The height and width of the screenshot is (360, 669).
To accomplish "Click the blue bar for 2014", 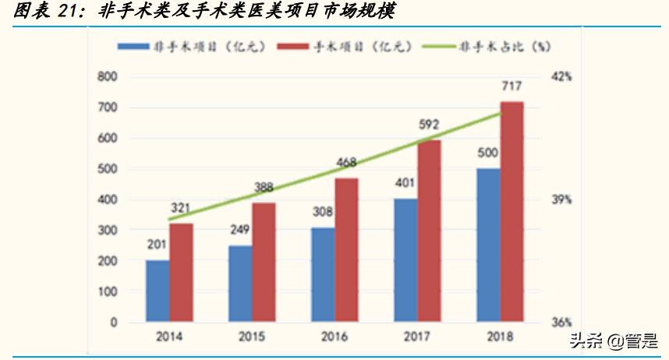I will (x=158, y=291).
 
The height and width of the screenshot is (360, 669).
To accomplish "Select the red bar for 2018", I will (x=511, y=211).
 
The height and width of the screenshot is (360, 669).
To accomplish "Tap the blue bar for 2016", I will (x=323, y=274).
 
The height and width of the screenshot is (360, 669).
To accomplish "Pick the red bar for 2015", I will (x=264, y=262).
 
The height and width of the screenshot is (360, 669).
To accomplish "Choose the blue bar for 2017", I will (x=405, y=259).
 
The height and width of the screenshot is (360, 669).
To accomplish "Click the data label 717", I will (x=511, y=86).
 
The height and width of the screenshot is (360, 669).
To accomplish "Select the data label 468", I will (x=346, y=163).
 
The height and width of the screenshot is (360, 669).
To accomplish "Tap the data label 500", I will (x=488, y=153).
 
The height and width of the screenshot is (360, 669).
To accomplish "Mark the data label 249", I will (x=240, y=231).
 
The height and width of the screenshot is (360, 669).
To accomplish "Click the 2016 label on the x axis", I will (x=334, y=337).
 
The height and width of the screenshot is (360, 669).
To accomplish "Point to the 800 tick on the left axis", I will (x=107, y=76).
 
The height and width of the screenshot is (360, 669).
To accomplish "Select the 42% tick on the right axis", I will (x=561, y=76).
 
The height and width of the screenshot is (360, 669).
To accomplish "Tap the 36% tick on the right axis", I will (x=561, y=322).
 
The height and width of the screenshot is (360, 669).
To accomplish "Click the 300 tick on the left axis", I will (x=107, y=230).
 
